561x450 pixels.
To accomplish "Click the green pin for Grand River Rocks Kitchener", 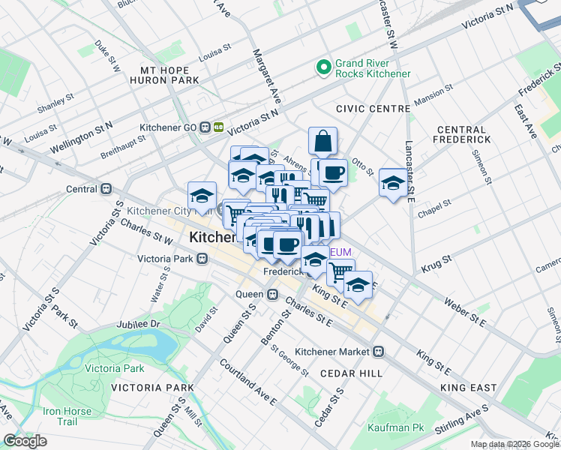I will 324,68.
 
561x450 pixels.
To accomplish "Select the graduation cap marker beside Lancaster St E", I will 393,183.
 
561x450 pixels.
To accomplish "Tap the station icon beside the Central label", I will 107,189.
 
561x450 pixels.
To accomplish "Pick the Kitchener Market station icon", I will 379,351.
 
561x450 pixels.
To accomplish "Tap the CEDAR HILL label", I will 351,373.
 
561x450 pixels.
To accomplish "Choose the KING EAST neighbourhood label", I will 469,388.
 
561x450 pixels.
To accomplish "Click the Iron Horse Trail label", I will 67,416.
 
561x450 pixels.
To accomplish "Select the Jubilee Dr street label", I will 139,324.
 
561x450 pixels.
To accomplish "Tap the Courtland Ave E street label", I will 248,382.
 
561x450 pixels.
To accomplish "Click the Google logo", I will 25,441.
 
